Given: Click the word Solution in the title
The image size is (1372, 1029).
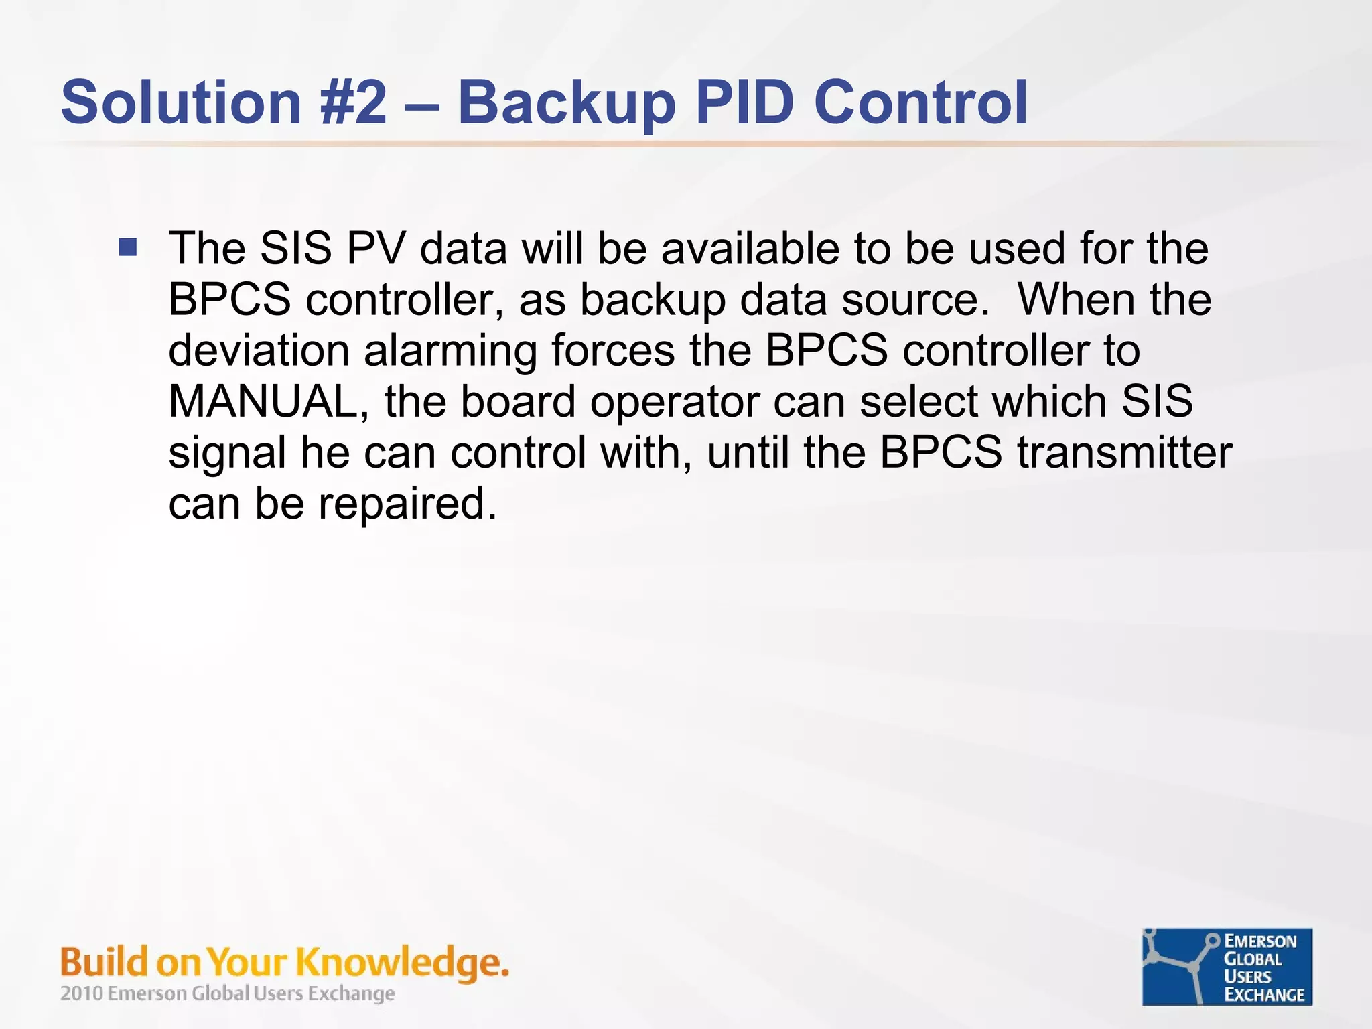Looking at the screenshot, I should point(181,102).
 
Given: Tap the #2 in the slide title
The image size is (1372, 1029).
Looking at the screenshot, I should point(354,102).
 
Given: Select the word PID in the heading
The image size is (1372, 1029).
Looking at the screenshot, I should point(744,102).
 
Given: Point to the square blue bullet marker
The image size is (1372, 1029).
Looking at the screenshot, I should point(128,248).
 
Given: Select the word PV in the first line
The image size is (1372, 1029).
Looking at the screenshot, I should point(376,249).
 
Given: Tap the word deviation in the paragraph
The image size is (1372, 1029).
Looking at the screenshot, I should point(259,350).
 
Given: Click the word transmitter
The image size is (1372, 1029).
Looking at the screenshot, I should point(1125,452).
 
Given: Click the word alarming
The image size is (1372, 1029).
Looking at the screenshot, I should point(450,352).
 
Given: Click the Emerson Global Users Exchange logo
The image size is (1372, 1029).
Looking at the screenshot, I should point(1227,966).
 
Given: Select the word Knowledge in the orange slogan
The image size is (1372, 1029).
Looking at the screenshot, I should point(399,963).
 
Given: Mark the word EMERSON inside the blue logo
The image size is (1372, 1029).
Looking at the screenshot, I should point(1260,941).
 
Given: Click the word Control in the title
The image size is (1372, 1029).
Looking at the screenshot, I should point(920,102).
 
